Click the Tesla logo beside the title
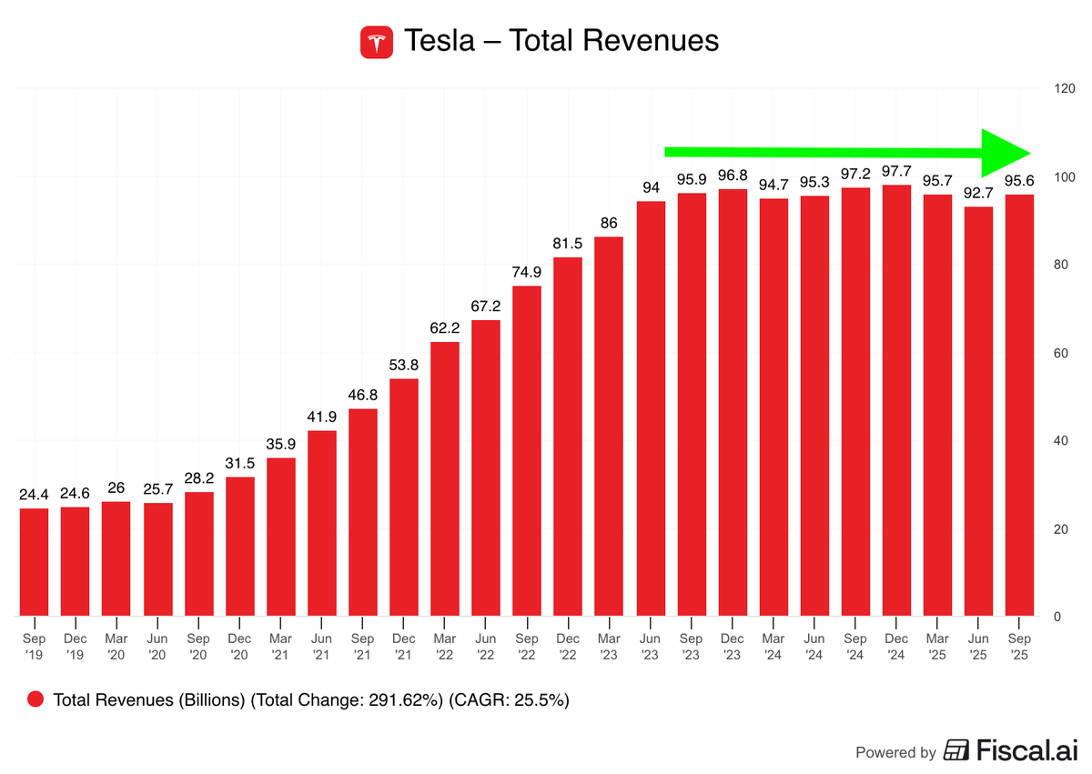pos(377,42)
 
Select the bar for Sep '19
pos(34,561)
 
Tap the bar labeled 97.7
pos(896,400)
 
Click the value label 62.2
pos(444,327)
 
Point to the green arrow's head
pos(1005,152)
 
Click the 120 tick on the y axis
pos(1064,88)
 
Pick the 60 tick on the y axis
pos(1060,353)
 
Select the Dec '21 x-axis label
pos(403,646)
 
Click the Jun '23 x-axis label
pos(650,646)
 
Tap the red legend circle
pos(36,699)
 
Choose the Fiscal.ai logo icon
pos(956,750)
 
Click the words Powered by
pos(895,752)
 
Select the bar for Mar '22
pos(444,478)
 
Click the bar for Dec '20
pos(239,546)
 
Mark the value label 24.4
pos(34,493)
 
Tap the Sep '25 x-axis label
pos(1019,646)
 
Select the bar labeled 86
pos(609,426)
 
